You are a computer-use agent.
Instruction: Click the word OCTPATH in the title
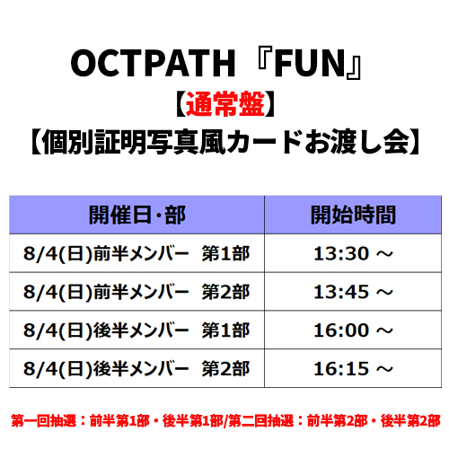click(x=153, y=63)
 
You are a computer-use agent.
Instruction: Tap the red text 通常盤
click(x=225, y=104)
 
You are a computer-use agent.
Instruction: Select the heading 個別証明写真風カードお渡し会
click(x=225, y=142)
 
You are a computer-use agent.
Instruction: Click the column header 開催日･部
click(x=137, y=215)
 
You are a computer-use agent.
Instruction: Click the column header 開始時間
click(x=353, y=215)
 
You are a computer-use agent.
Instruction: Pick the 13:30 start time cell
click(x=353, y=253)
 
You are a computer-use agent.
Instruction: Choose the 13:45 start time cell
click(x=353, y=292)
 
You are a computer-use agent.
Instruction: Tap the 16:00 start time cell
click(x=353, y=330)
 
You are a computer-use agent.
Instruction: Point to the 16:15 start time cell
click(x=353, y=368)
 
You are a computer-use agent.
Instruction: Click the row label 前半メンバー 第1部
click(x=172, y=253)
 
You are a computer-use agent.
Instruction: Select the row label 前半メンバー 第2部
click(x=172, y=292)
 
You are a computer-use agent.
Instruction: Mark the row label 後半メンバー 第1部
click(x=172, y=330)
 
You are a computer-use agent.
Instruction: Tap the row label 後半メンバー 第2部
click(x=172, y=368)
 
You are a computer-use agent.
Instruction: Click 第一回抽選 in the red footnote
click(x=44, y=420)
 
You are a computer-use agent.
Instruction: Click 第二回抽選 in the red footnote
click(x=261, y=420)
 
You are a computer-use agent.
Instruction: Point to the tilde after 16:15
click(x=384, y=369)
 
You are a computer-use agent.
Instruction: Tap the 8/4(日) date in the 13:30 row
click(x=57, y=254)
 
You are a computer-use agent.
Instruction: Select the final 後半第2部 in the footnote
click(x=410, y=420)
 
